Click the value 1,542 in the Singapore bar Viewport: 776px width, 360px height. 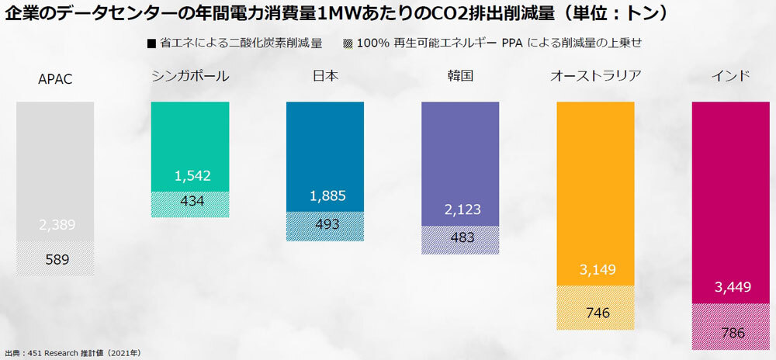click(192, 176)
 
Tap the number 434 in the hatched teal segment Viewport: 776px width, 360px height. click(192, 202)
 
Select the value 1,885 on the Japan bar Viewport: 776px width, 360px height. click(326, 196)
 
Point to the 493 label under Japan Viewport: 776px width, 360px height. click(326, 224)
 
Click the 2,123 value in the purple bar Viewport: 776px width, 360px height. click(462, 209)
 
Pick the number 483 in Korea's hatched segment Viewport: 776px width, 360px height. click(462, 237)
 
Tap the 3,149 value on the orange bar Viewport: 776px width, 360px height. click(598, 271)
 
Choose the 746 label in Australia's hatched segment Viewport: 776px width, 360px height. click(598, 313)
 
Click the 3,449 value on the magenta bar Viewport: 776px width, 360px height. click(732, 288)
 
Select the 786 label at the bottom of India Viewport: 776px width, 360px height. click(732, 333)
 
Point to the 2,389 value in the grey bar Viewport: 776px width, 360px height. click(56, 225)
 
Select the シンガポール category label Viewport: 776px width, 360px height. click(192, 76)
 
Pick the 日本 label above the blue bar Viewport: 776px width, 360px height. click(326, 76)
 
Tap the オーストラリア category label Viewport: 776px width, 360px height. click(596, 76)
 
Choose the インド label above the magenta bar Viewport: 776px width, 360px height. click(731, 76)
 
